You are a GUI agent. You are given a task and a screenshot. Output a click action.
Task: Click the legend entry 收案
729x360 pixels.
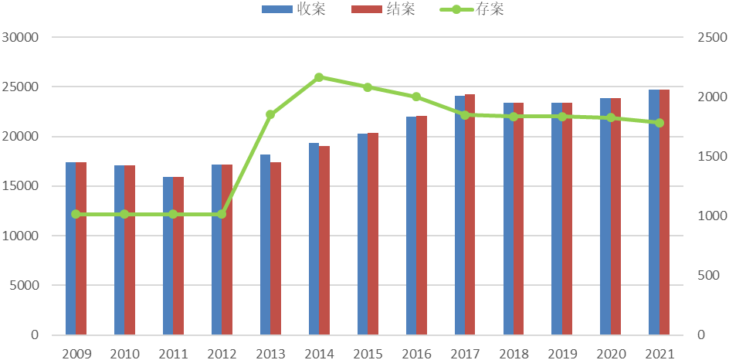tap(290, 9)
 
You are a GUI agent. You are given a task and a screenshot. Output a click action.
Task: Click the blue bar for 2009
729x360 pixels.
tap(70, 248)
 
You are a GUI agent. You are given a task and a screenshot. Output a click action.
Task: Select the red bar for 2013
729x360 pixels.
tap(276, 248)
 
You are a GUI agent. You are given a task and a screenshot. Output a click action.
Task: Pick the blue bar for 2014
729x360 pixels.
tap(314, 239)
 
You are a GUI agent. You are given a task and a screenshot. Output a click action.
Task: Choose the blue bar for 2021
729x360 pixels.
tap(654, 212)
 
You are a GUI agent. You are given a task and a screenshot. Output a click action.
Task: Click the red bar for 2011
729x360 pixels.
tap(178, 256)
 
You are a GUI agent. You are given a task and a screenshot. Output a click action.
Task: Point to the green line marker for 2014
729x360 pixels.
tap(319, 77)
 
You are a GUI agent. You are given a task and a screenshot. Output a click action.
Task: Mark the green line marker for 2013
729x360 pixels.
tap(270, 114)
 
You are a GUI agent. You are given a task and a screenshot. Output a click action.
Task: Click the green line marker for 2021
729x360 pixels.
tap(659, 123)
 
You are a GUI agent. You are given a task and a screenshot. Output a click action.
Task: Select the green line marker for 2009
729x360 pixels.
tap(76, 214)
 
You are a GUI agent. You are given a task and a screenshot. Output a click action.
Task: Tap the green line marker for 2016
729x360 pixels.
tap(416, 97)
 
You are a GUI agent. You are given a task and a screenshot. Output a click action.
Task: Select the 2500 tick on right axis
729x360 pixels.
tap(707, 37)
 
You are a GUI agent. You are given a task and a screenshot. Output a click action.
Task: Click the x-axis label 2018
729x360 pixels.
tap(514, 354)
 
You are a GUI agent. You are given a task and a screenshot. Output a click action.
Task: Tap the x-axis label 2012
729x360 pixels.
tap(222, 354)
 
